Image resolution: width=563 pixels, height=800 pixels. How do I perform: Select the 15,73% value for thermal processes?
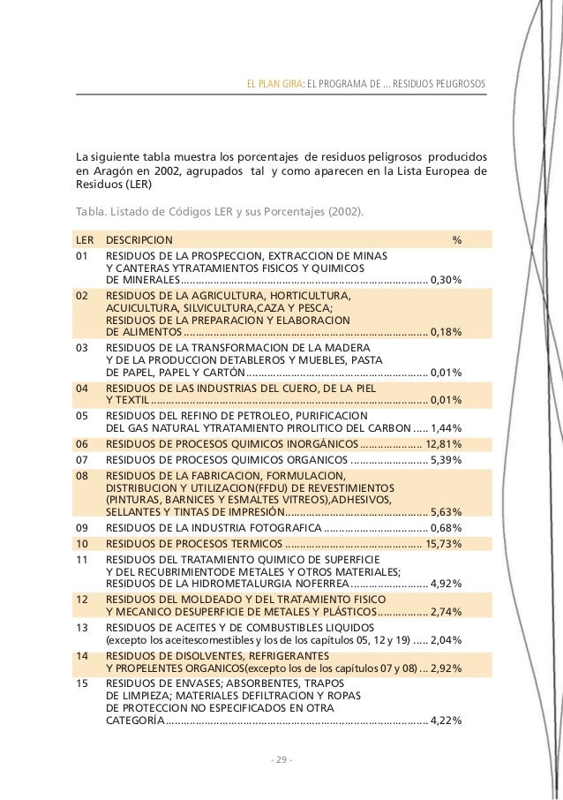pos(444,543)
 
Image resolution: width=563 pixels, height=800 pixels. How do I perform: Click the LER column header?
pos(85,239)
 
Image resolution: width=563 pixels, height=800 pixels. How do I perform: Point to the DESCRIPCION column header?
pos(139,239)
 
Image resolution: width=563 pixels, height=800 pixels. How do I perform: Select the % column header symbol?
pos(457,239)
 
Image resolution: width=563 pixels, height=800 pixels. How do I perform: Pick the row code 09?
pos(83,527)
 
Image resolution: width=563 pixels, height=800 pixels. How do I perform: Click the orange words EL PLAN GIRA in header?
pos(274,84)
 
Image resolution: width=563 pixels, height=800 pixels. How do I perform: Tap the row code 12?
pos(83,598)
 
